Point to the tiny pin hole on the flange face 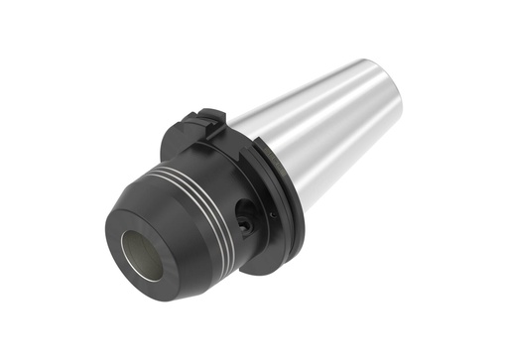pyautogui.click(x=272, y=213)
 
